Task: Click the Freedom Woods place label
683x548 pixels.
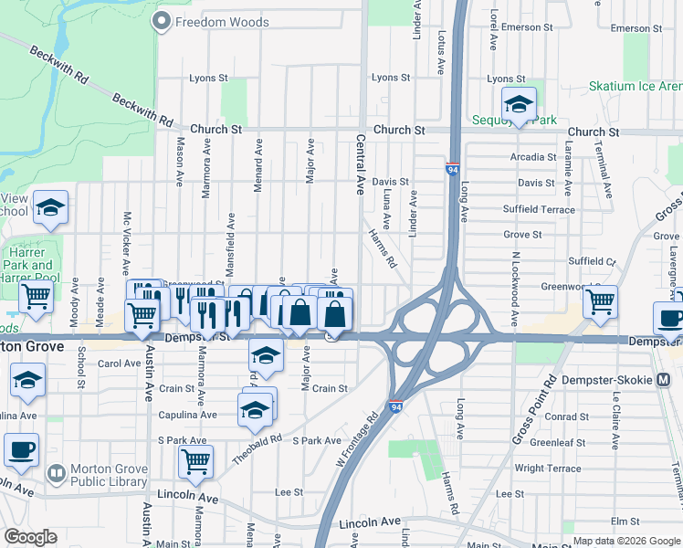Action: coord(222,22)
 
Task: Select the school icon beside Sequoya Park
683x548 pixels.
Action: coord(519,104)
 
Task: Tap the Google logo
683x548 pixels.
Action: coord(30,537)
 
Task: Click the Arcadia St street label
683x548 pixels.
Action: coord(533,157)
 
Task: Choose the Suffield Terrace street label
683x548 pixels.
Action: coord(539,209)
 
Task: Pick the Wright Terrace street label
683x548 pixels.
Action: coord(548,469)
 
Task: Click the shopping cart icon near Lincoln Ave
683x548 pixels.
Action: coord(195,461)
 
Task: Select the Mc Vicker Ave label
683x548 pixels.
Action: coord(127,243)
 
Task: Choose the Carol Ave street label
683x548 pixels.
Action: coord(120,364)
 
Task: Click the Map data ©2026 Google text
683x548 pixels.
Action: coord(625,541)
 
